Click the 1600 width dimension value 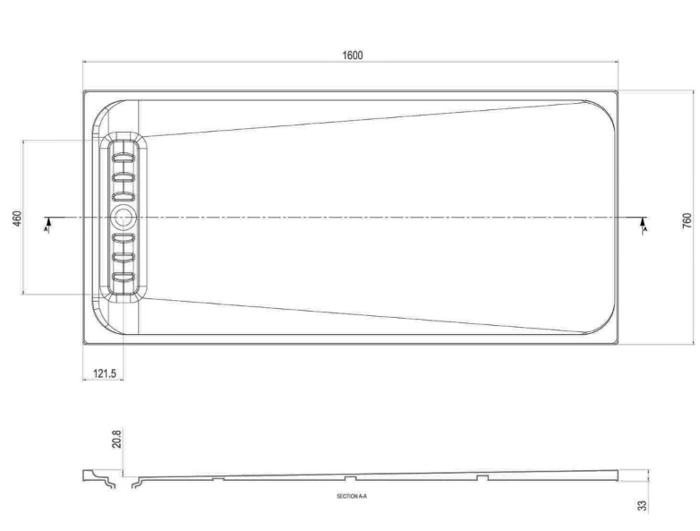point(352,55)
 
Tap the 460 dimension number point(16,218)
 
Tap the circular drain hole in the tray point(123,216)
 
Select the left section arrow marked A point(47,224)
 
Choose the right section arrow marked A point(644,224)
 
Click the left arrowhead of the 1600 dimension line point(86,62)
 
